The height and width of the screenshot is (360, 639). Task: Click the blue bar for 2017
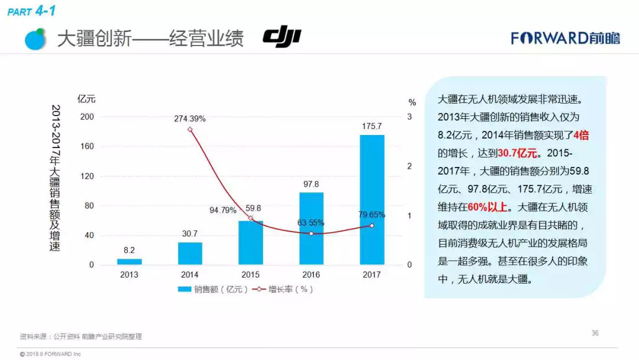click(372, 200)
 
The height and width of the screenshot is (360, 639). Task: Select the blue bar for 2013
click(129, 262)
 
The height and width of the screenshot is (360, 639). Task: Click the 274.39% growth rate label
click(190, 118)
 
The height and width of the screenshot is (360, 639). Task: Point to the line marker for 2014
click(190, 130)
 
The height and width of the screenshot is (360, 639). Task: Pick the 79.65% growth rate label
click(372, 214)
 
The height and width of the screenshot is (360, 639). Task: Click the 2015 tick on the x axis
click(250, 275)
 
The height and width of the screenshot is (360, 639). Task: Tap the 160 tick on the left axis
click(87, 146)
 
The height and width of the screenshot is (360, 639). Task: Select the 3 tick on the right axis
click(409, 117)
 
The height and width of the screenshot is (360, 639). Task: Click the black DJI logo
click(282, 37)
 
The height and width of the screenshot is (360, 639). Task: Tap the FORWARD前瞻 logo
click(566, 38)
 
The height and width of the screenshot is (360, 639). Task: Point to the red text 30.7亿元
click(518, 153)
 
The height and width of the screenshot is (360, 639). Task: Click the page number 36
click(595, 333)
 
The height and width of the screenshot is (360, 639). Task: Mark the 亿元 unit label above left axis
click(86, 99)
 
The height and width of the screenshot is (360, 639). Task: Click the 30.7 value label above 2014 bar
click(190, 234)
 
